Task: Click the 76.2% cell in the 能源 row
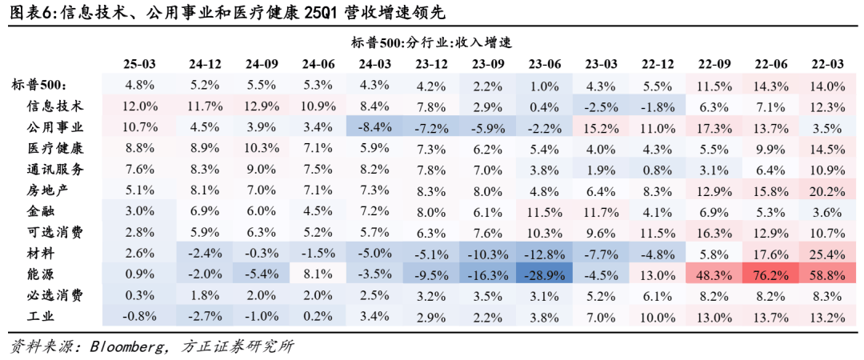pyautogui.click(x=769, y=274)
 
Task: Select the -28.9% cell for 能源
pyautogui.click(x=545, y=274)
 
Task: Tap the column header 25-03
pyautogui.click(x=139, y=64)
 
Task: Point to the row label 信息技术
pyautogui.click(x=55, y=106)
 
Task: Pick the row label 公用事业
pyautogui.click(x=55, y=127)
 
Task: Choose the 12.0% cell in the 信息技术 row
pyautogui.click(x=139, y=106)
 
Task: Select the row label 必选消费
pyautogui.click(x=55, y=295)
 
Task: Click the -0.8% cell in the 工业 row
pyautogui.click(x=139, y=316)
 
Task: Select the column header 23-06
pyautogui.click(x=544, y=64)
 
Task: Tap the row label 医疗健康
pyautogui.click(x=55, y=148)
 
